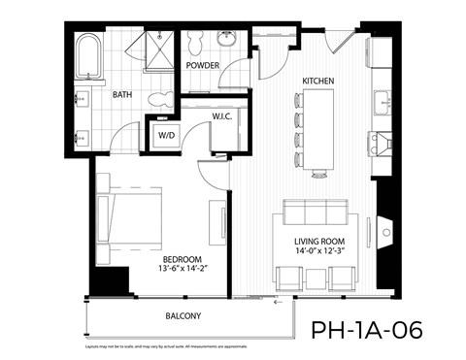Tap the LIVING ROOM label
pos(321,242)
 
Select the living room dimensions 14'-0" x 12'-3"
pos(321,252)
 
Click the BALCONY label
pos(181,315)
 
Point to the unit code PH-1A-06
pos(367,329)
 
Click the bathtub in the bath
pos(88,58)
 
